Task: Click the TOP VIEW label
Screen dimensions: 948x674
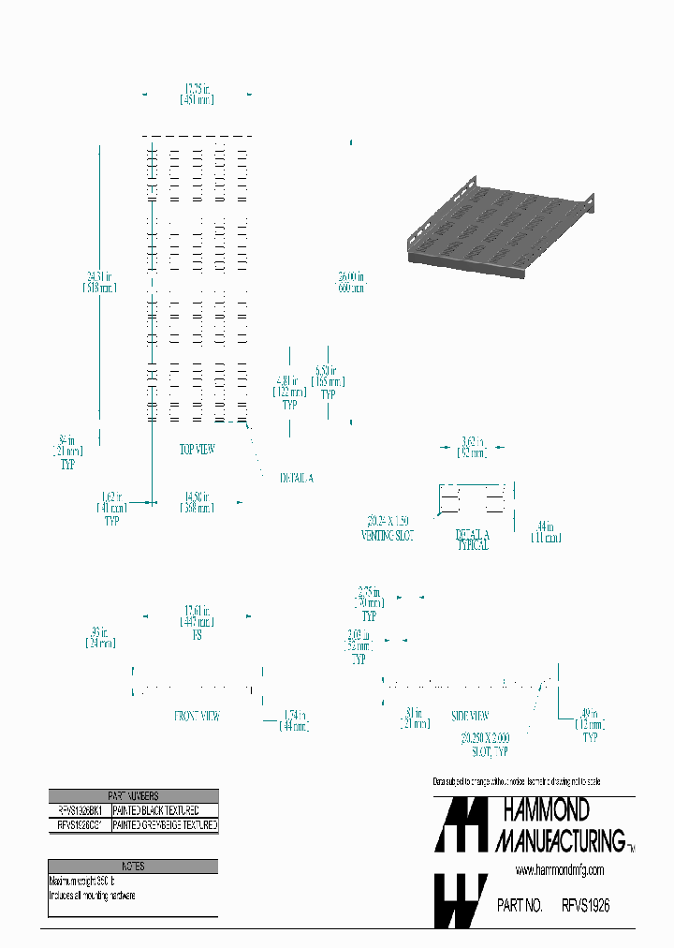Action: coord(198,450)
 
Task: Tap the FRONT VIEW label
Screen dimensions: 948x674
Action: coord(198,716)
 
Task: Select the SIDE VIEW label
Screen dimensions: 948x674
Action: coord(471,716)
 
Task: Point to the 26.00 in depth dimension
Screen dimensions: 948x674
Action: coord(351,282)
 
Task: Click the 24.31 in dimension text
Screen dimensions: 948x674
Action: coord(98,282)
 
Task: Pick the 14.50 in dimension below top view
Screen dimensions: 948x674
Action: coord(197,502)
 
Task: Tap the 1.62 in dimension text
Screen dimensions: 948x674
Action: coord(111,502)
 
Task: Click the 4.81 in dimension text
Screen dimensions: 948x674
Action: coord(289,387)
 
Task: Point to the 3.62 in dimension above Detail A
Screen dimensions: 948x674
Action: coord(473,447)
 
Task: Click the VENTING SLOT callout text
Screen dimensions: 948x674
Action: coord(388,529)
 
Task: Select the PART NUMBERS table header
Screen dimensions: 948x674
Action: coord(133,795)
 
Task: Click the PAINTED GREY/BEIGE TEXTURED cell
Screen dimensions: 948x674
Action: coord(165,825)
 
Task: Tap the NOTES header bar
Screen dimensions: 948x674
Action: coord(133,867)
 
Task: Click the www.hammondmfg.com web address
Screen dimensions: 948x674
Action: coord(560,870)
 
